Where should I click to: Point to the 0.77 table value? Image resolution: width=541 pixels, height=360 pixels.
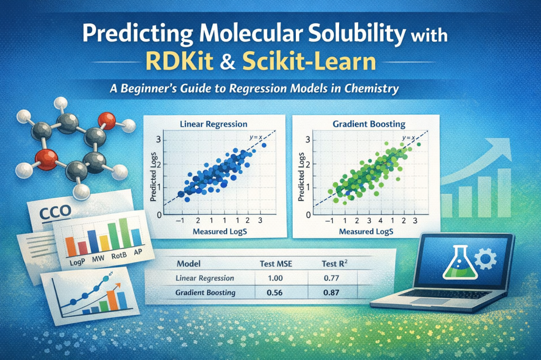coord(332,278)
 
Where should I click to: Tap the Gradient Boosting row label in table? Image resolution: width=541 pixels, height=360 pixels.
coord(206,292)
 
